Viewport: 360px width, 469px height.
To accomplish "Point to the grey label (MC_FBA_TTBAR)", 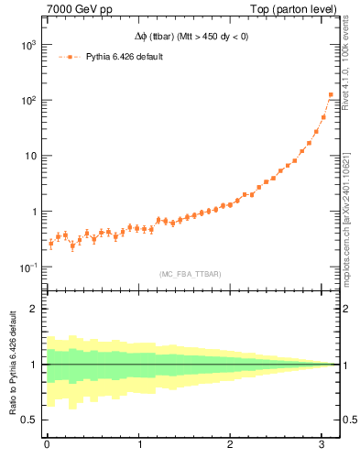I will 191,274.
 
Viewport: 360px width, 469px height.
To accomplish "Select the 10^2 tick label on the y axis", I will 28,101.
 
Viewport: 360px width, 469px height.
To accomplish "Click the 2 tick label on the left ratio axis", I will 32,309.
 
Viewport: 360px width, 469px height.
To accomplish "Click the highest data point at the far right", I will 331,94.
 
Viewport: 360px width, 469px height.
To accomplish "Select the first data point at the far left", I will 50,243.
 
